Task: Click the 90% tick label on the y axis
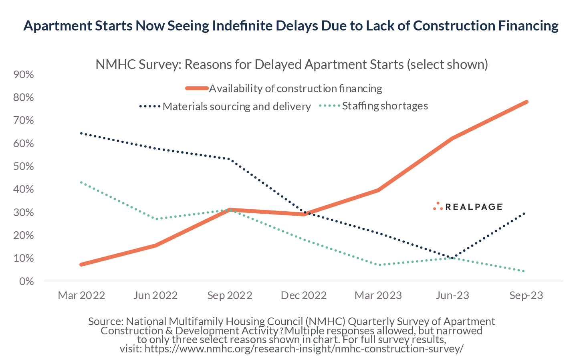coord(23,75)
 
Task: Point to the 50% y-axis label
coord(23,166)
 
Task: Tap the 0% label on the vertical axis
coord(26,281)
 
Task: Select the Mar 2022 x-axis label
coord(81,296)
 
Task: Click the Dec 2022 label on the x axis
coord(304,296)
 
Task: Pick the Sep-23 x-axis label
coord(526,296)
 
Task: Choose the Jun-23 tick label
coord(452,296)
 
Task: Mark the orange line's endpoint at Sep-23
coord(527,102)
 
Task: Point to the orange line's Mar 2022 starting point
coord(81,265)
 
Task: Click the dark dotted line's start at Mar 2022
coord(81,133)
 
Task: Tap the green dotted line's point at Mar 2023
coord(378,265)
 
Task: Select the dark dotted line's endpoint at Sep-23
coord(525,213)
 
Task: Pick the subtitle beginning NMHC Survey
coord(291,65)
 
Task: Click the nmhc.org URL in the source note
coord(304,349)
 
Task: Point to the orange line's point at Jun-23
coord(452,139)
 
